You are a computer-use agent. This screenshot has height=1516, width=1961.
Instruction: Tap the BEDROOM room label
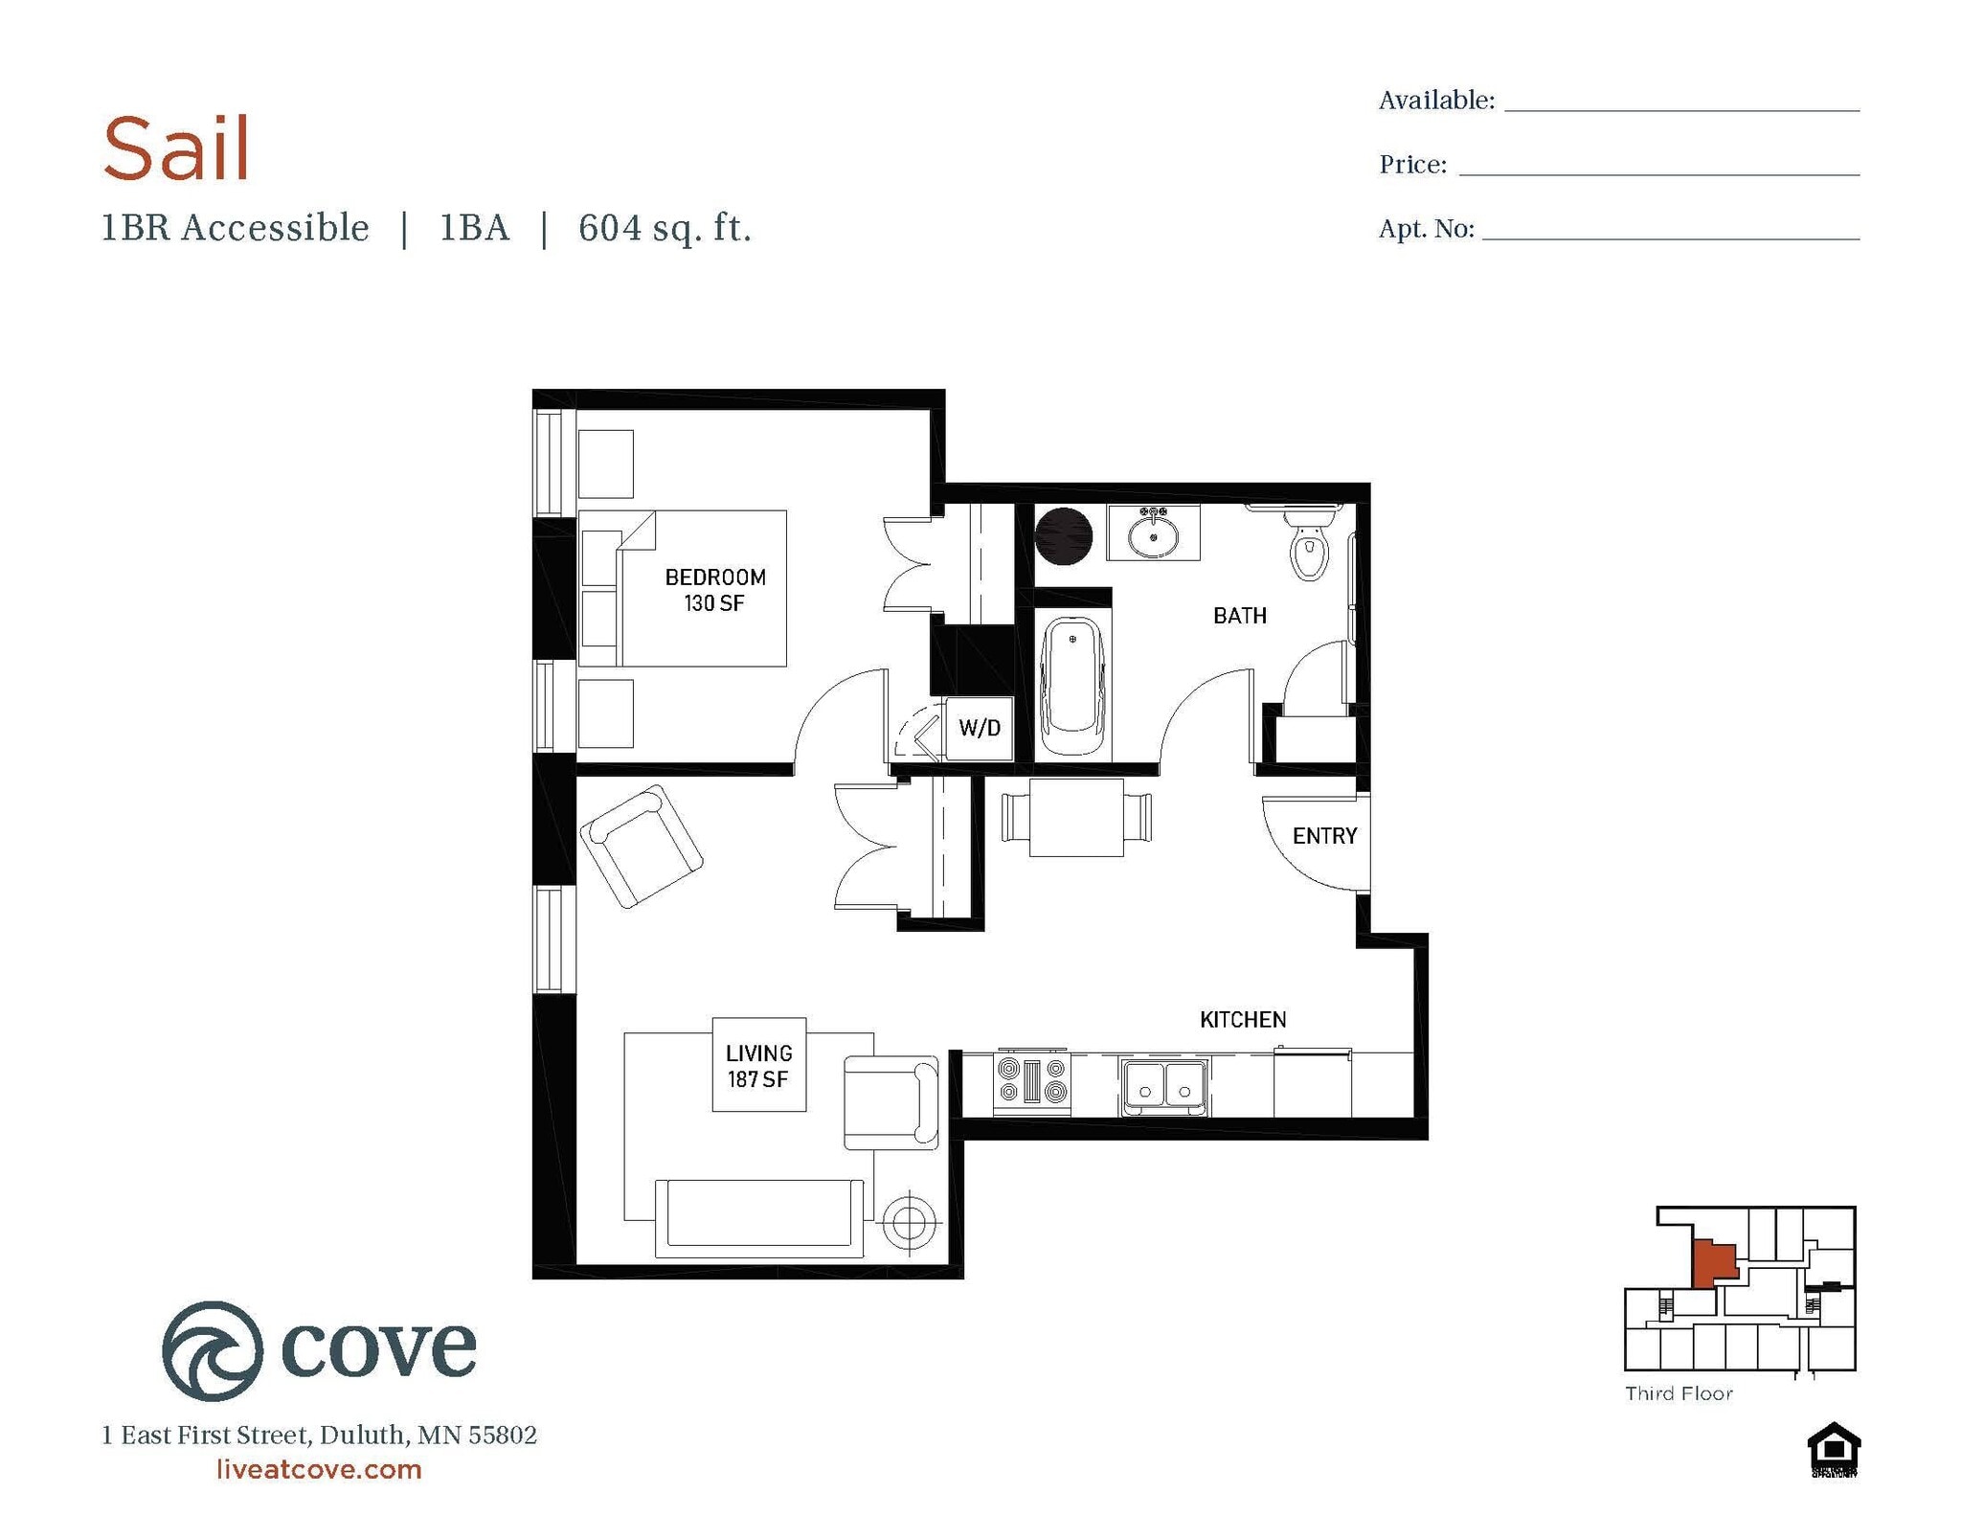click(715, 577)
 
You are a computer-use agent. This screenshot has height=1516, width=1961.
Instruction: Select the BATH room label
click(1239, 616)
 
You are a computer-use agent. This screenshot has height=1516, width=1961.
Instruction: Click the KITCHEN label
click(1243, 1020)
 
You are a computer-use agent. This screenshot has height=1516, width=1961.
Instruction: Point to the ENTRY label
click(1324, 836)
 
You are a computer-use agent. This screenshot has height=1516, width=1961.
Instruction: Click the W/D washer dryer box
click(979, 728)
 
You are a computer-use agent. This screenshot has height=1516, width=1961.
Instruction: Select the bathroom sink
click(1153, 534)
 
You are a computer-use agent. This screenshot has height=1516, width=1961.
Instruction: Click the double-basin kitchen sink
click(1164, 1086)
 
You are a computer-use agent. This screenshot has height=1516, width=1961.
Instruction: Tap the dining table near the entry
click(1076, 818)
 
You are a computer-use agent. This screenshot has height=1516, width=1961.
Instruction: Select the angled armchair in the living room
click(641, 846)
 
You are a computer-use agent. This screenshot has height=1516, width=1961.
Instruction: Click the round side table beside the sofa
click(909, 1222)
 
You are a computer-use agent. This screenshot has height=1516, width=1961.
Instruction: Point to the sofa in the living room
click(758, 1217)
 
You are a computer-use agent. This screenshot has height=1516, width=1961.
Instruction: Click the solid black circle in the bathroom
click(1063, 536)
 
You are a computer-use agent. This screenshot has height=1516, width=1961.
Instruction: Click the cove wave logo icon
click(213, 1350)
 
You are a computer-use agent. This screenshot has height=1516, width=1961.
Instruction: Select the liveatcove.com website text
click(319, 1469)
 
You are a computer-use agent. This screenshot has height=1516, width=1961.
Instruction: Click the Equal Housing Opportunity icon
click(1834, 1450)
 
